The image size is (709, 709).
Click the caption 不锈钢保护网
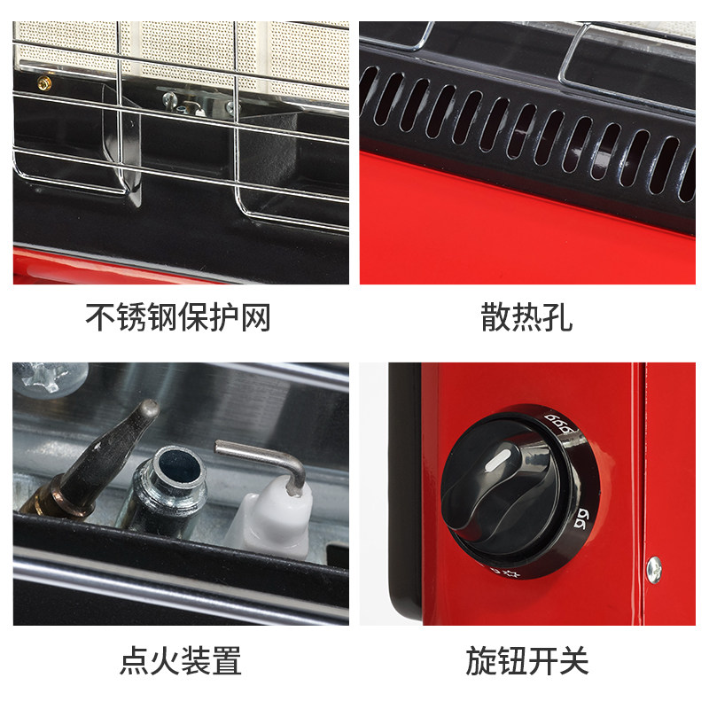click(178, 317)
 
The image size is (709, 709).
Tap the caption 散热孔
click(526, 317)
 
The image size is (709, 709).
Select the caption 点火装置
click(181, 660)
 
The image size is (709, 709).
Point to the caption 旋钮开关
click(527, 660)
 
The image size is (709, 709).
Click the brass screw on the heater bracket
click(44, 82)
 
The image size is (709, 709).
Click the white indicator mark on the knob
click(497, 460)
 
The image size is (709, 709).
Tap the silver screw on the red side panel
click(654, 569)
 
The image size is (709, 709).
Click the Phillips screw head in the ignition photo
click(50, 378)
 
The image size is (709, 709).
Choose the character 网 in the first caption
click(256, 317)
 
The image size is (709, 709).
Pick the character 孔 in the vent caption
click(558, 317)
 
